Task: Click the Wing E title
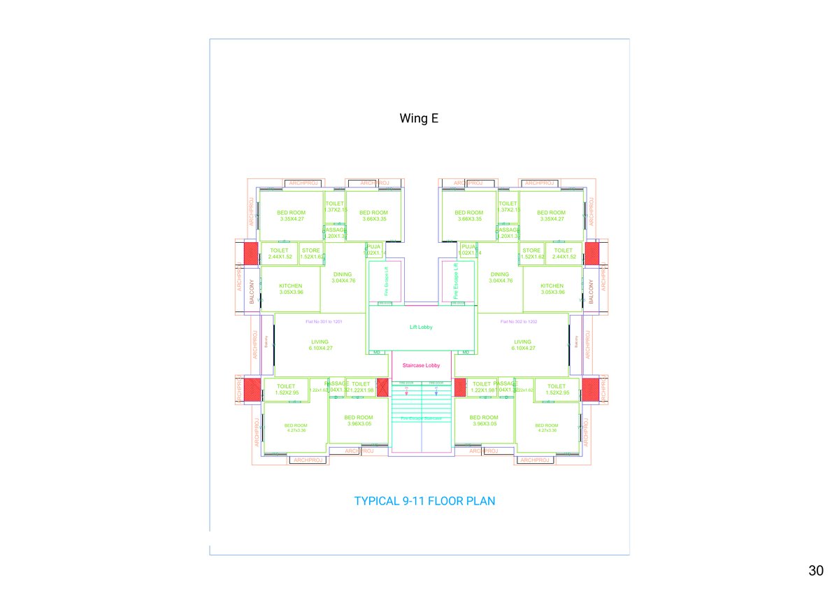(419, 118)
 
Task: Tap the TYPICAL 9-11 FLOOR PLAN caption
(425, 501)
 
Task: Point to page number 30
(815, 571)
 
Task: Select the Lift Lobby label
(422, 327)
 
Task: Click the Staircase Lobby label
(422, 365)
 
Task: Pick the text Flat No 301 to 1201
(324, 322)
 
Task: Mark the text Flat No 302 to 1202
(519, 322)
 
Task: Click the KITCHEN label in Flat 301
(291, 288)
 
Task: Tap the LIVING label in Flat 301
(320, 345)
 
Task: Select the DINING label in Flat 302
(500, 277)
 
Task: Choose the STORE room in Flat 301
(311, 253)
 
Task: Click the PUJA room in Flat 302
(467, 249)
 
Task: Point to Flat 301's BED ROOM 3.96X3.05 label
(359, 420)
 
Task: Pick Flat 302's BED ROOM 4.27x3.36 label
(547, 427)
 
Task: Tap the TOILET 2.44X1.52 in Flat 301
(280, 253)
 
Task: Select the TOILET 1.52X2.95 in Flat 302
(557, 389)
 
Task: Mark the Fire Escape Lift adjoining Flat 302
(457, 281)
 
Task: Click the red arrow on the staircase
(406, 393)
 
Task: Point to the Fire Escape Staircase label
(421, 418)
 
